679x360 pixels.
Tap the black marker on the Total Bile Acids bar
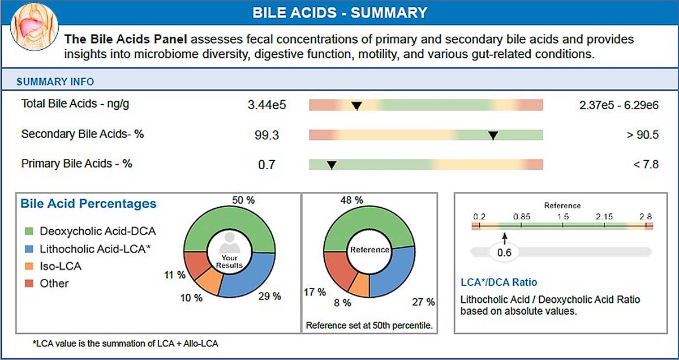(x=356, y=105)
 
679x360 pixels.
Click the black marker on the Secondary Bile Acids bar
(x=493, y=135)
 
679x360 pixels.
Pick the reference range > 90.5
(x=643, y=135)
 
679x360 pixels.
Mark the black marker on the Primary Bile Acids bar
(x=332, y=165)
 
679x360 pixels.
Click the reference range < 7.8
(x=645, y=165)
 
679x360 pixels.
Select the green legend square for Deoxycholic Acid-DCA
(x=29, y=232)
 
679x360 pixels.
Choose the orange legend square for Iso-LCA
(x=29, y=266)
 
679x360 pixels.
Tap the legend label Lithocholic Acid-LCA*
(x=94, y=248)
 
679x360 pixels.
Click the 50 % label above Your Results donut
(x=243, y=201)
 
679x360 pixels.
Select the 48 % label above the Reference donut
(x=351, y=201)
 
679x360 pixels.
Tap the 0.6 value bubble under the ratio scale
(x=504, y=253)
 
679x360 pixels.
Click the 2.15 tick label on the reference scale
(x=604, y=216)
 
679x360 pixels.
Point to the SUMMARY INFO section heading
(x=55, y=82)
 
